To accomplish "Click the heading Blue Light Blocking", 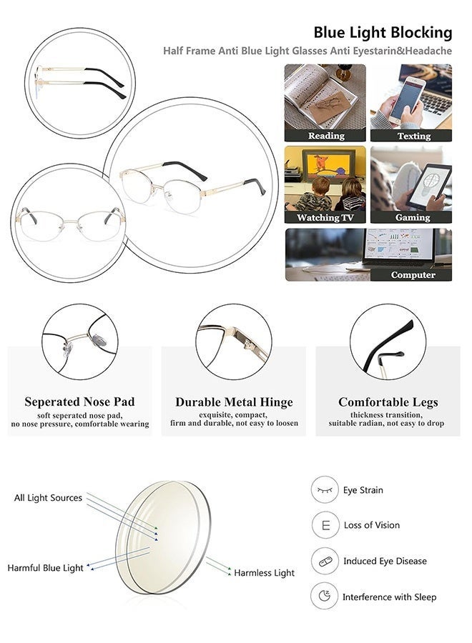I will (383, 32).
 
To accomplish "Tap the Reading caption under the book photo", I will (325, 135).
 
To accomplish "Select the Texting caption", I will (413, 135).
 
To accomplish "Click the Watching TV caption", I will (325, 217).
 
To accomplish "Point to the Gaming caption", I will (413, 217).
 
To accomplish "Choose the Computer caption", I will (413, 274).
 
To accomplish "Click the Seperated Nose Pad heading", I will (79, 402).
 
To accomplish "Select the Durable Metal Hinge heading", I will (234, 402).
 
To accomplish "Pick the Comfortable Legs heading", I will (388, 402).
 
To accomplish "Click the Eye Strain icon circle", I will (325, 490).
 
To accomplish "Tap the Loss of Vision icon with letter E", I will (325, 525).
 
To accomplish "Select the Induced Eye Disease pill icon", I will (325, 561).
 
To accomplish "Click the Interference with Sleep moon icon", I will (325, 597).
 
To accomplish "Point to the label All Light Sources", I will (48, 498).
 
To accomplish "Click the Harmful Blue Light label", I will (46, 568).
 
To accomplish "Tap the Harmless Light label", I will (264, 573).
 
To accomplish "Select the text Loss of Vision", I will (372, 525).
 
